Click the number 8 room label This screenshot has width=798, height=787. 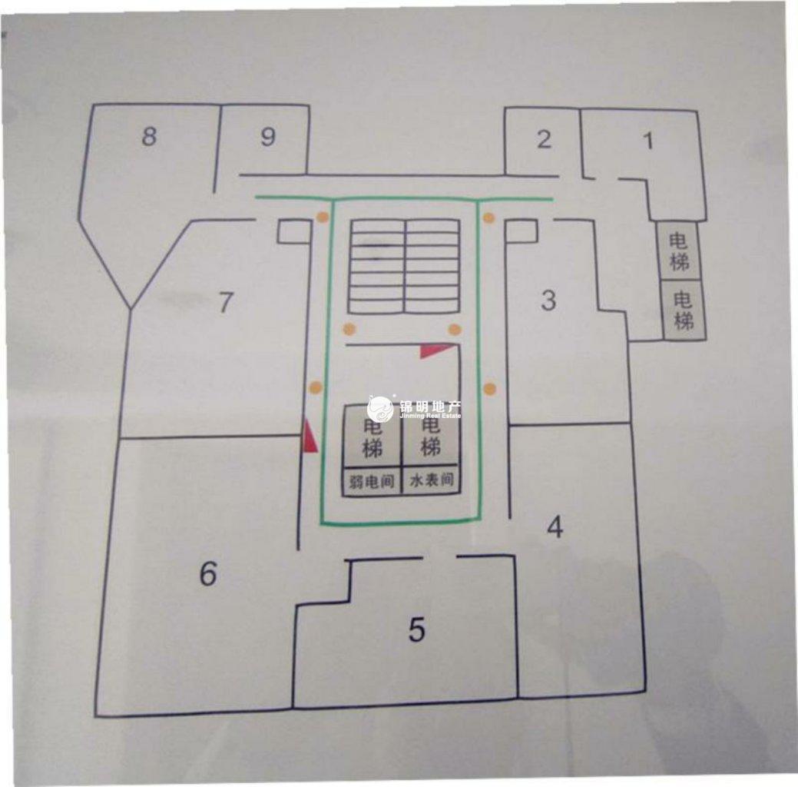click(x=149, y=136)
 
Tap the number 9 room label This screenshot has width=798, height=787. click(x=268, y=136)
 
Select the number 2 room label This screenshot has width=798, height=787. click(x=544, y=139)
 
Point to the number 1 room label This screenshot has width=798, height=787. click(x=648, y=141)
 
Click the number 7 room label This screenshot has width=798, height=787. click(x=226, y=301)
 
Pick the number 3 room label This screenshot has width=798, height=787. click(x=548, y=300)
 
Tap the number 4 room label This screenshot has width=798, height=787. click(x=555, y=527)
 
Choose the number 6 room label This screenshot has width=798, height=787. click(x=208, y=573)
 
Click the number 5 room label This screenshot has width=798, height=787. click(x=417, y=629)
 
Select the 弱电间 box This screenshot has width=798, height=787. click(x=372, y=481)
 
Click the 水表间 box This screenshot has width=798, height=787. click(x=432, y=480)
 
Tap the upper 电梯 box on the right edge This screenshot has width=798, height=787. click(x=679, y=251)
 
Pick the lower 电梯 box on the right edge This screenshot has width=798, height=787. click(x=684, y=310)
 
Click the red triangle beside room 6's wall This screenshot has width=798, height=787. click(x=310, y=436)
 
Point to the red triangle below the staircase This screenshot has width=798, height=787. click(x=434, y=350)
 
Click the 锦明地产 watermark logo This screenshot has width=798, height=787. click(x=414, y=409)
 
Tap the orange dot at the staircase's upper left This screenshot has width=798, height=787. click(x=322, y=217)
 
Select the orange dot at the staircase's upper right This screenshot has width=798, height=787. click(x=488, y=218)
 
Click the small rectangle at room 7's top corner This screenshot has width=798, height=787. click(x=294, y=231)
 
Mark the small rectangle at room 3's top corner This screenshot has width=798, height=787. click(x=522, y=231)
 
